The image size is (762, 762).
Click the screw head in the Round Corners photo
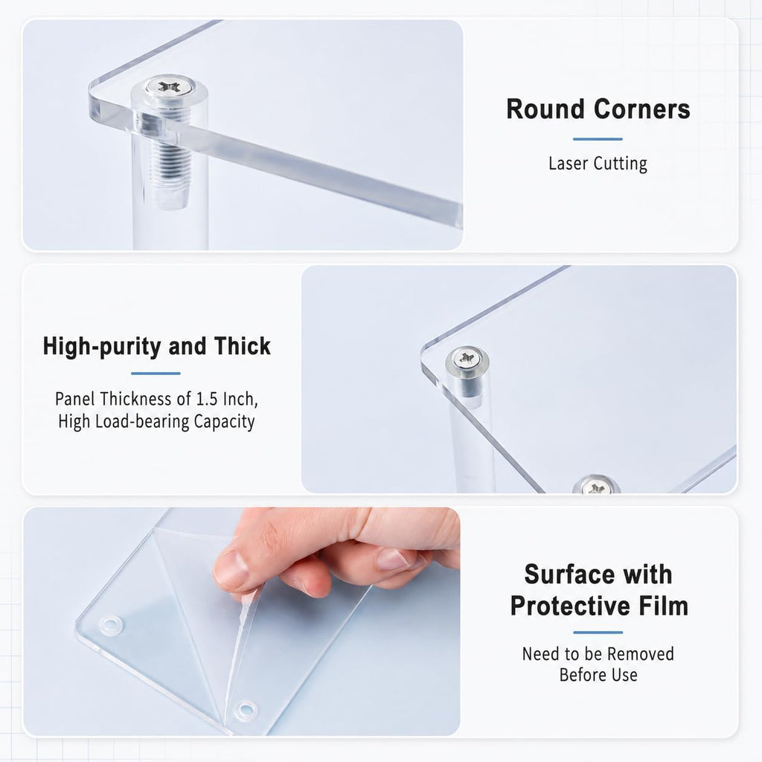tap(170, 88)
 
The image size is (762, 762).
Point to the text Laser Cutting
tap(598, 163)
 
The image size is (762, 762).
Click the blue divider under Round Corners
tap(598, 139)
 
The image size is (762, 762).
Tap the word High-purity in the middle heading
tap(101, 347)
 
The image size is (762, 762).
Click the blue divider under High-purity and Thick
tap(156, 374)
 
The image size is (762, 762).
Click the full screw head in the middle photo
tap(467, 359)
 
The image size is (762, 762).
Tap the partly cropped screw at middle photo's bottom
tap(595, 485)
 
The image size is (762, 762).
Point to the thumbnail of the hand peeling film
tap(242, 621)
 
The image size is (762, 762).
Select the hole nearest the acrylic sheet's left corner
tap(111, 624)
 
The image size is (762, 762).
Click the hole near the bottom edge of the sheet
tap(246, 709)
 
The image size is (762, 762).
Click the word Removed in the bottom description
tap(639, 654)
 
